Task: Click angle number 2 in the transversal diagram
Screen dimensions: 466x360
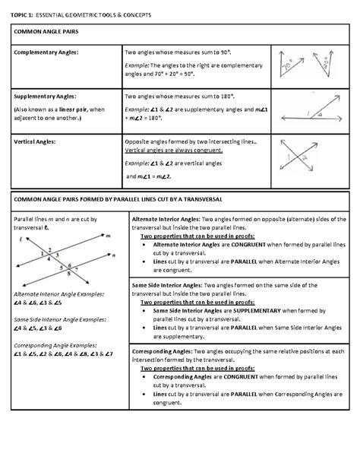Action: pyautogui.click(x=49, y=250)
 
